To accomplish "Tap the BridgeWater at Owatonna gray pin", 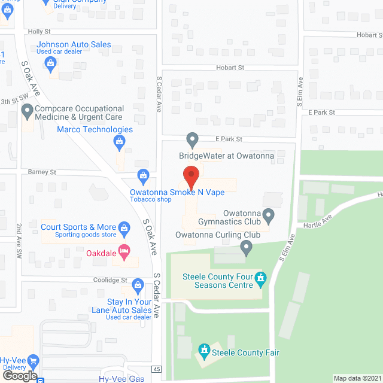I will pyautogui.click(x=192, y=140).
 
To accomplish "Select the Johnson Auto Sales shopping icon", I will pyautogui.click(x=51, y=62).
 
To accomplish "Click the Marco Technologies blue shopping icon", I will pyautogui.click(x=119, y=142).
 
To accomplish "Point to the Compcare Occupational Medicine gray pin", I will pyautogui.click(x=26, y=111).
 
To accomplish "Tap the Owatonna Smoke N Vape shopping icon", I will pyautogui.click(x=142, y=175).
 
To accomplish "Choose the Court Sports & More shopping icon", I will pyautogui.click(x=124, y=227).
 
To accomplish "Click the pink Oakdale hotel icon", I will pyautogui.click(x=124, y=251).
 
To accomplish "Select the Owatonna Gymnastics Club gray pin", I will pyautogui.click(x=269, y=214).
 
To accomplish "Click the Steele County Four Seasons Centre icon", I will pyautogui.click(x=260, y=278).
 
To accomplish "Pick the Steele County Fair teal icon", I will pyautogui.click(x=204, y=349).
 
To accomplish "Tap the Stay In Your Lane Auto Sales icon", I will pyautogui.click(x=138, y=283).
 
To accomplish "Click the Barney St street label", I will pyautogui.click(x=41, y=172).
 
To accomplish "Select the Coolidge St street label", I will pyautogui.click(x=111, y=279).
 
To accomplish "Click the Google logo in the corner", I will pyautogui.click(x=19, y=375).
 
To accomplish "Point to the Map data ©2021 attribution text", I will pyautogui.click(x=357, y=378).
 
